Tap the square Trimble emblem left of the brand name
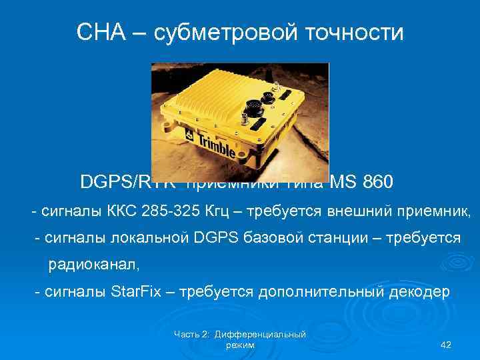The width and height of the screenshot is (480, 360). click(189, 135)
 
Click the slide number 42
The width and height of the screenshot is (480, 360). click(447, 345)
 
